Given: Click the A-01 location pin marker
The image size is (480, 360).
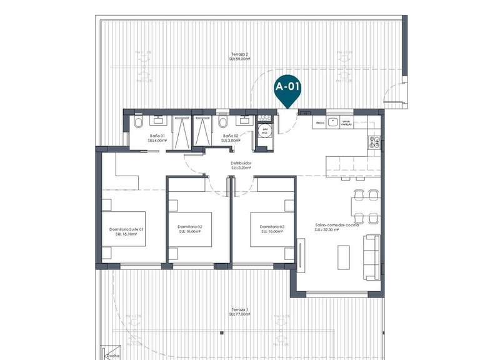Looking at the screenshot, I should (x=287, y=89).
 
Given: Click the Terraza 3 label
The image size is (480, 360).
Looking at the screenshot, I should (x=239, y=312).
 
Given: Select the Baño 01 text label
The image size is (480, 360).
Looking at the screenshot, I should (x=157, y=138).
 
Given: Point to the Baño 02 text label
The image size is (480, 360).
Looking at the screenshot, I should (x=230, y=138).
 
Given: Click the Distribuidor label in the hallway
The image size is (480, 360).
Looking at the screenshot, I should (x=241, y=165).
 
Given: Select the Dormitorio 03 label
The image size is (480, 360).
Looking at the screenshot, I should (x=272, y=229).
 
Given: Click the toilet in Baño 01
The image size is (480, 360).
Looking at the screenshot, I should (x=138, y=122).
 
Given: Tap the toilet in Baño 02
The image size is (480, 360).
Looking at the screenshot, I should (x=223, y=121).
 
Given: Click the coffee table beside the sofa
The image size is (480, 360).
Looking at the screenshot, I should (x=344, y=256).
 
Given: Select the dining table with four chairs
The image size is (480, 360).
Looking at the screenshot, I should (x=364, y=205).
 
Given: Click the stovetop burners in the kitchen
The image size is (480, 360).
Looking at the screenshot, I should (x=374, y=141).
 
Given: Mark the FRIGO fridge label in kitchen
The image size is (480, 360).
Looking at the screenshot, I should (x=319, y=124).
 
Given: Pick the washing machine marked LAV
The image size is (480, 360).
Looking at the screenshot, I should (x=264, y=130).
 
